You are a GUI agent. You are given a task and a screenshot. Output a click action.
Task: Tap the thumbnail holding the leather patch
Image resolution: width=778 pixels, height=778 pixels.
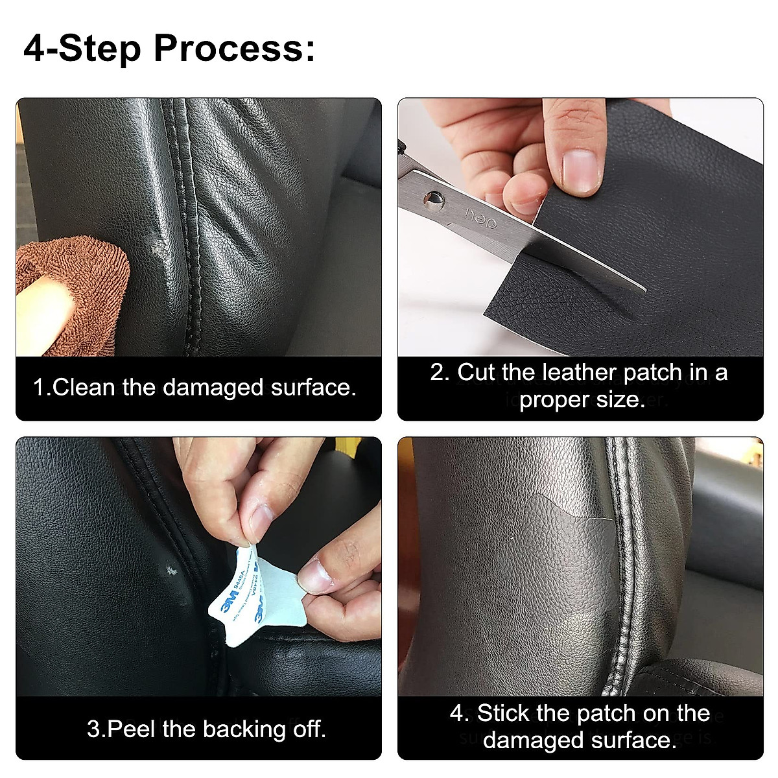[x=579, y=170]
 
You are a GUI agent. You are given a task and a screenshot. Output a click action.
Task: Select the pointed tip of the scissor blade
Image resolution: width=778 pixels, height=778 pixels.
[x=641, y=289]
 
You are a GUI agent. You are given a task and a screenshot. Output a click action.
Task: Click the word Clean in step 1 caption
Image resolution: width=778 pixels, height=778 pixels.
[x=84, y=388]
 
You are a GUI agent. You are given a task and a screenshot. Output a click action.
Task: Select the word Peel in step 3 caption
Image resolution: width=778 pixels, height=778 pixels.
[x=132, y=729]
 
